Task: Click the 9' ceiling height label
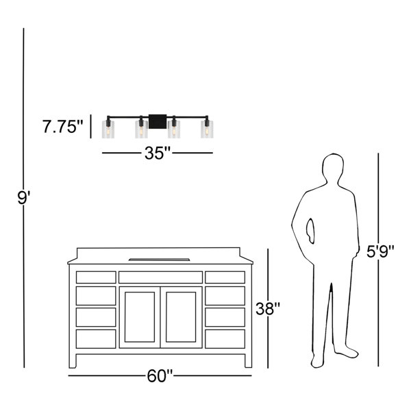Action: [24, 198]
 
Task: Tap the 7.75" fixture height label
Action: [62, 127]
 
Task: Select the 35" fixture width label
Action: [158, 153]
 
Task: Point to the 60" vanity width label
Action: [160, 376]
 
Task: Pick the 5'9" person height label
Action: [380, 251]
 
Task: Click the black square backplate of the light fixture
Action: [158, 122]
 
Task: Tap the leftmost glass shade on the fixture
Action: [108, 129]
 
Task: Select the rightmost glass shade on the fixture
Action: [207, 129]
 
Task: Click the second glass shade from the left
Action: [141, 129]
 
